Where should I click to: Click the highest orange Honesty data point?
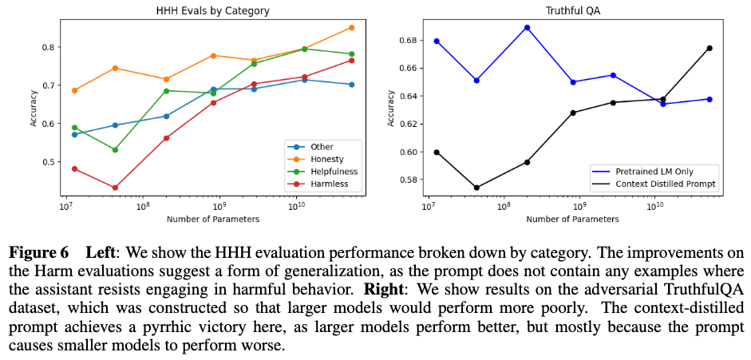tap(351, 27)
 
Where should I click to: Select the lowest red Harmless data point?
tap(115, 188)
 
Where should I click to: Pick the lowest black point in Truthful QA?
tap(476, 188)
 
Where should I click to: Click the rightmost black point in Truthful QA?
tap(709, 48)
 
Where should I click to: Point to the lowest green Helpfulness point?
tap(115, 149)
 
